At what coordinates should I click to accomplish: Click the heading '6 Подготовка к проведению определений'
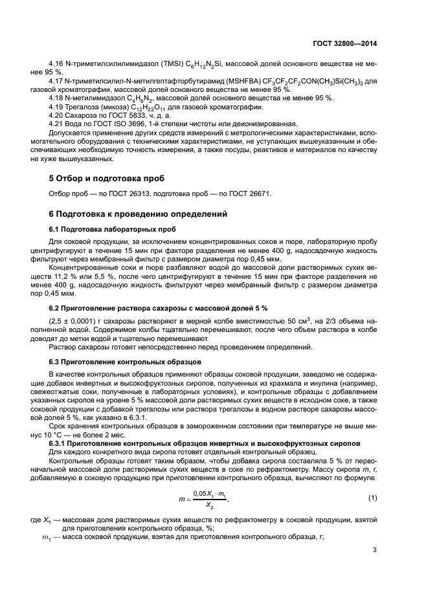[138, 214]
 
